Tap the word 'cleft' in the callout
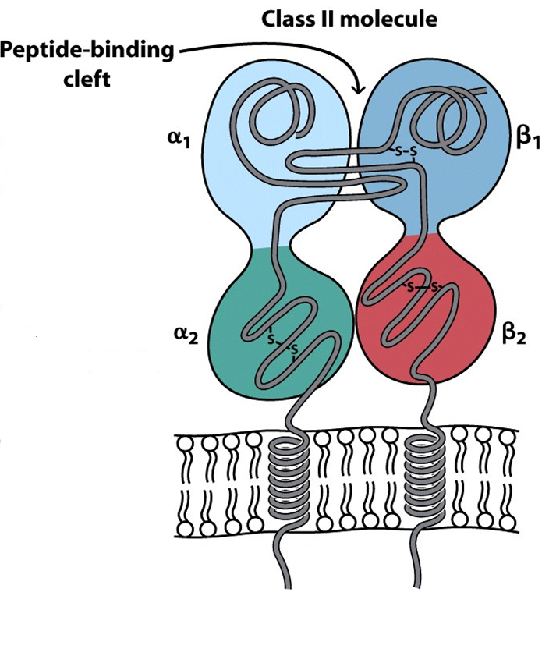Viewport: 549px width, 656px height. tap(87, 79)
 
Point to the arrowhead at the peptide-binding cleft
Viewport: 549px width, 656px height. tap(358, 90)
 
